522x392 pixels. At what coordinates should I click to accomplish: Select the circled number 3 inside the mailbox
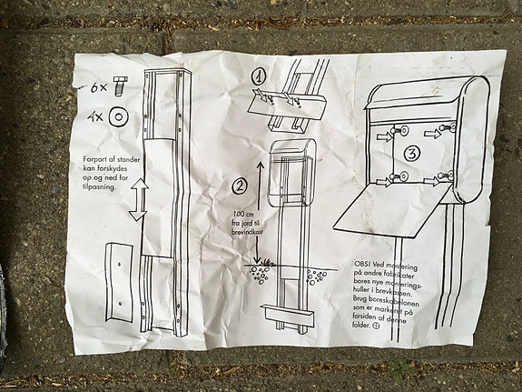point(410,153)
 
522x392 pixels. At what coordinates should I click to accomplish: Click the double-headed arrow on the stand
point(138,199)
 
